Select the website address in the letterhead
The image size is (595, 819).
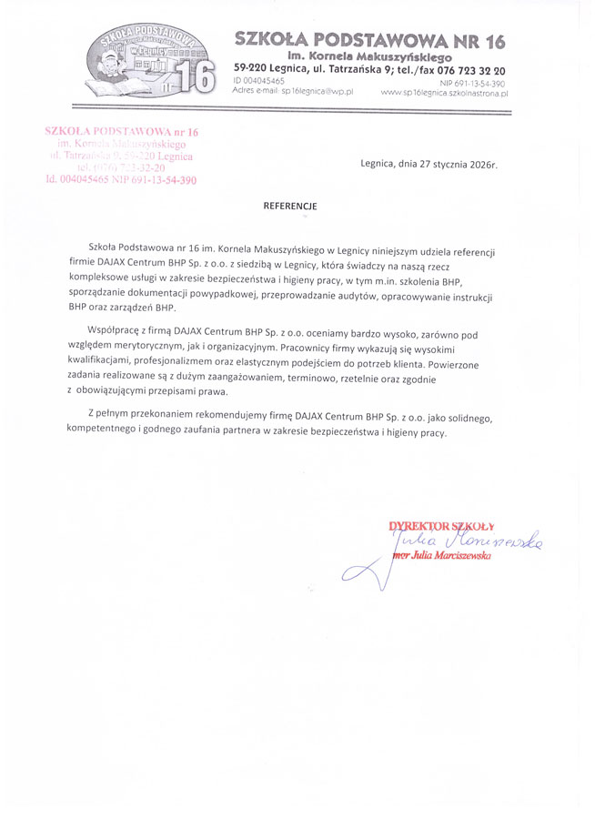[444, 93]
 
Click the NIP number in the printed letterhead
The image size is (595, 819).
[472, 82]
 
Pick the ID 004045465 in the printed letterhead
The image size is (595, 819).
[259, 82]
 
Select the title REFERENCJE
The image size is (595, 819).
[290, 206]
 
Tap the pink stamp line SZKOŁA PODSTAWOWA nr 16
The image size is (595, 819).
[121, 133]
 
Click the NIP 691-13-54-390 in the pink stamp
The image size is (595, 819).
[154, 179]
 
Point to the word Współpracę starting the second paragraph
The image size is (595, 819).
[113, 335]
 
